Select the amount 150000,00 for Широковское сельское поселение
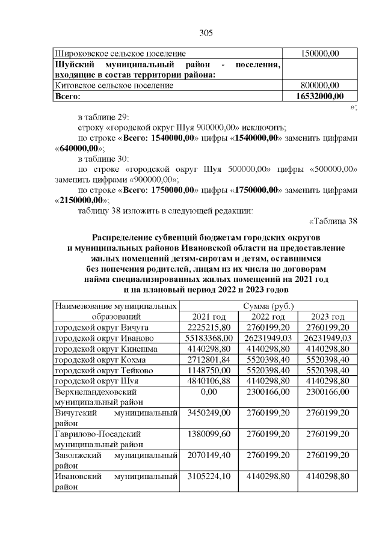[x=321, y=54]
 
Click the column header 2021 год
[x=209, y=317]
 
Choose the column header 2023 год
[x=328, y=317]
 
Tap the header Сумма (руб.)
[x=268, y=307]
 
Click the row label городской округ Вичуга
[x=102, y=328]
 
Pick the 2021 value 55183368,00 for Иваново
[x=209, y=338]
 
